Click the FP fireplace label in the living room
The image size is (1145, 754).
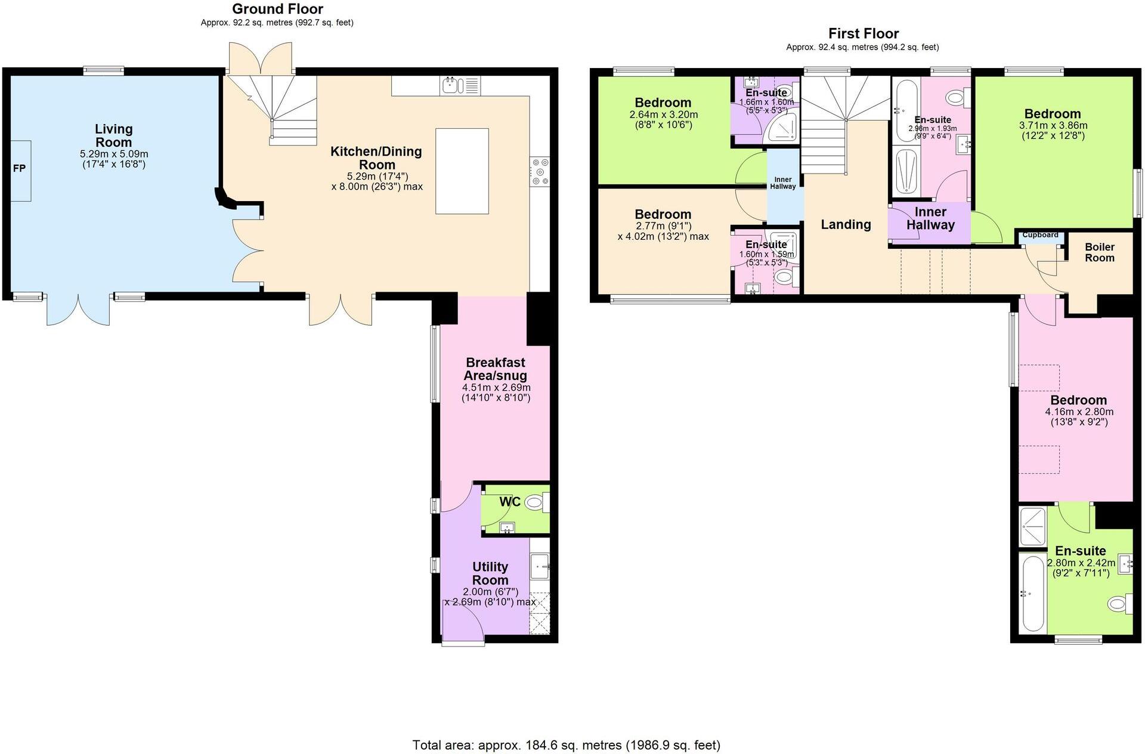pos(20,169)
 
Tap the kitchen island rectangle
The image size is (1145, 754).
pos(462,171)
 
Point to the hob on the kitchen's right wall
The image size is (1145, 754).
pos(540,171)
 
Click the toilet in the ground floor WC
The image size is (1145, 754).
pos(536,503)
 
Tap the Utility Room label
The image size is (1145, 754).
pos(490,573)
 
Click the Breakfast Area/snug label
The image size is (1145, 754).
pos(496,369)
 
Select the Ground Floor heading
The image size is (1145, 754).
pos(277,9)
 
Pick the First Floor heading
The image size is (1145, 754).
pos(863,33)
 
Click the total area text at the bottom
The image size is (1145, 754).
pos(567,744)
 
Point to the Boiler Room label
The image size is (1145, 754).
pos(1100,252)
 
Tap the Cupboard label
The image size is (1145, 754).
pos(1040,235)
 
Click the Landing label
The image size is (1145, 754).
pos(846,224)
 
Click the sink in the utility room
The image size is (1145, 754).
pos(540,565)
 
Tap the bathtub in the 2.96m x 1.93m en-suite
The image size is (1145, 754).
pos(907,111)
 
